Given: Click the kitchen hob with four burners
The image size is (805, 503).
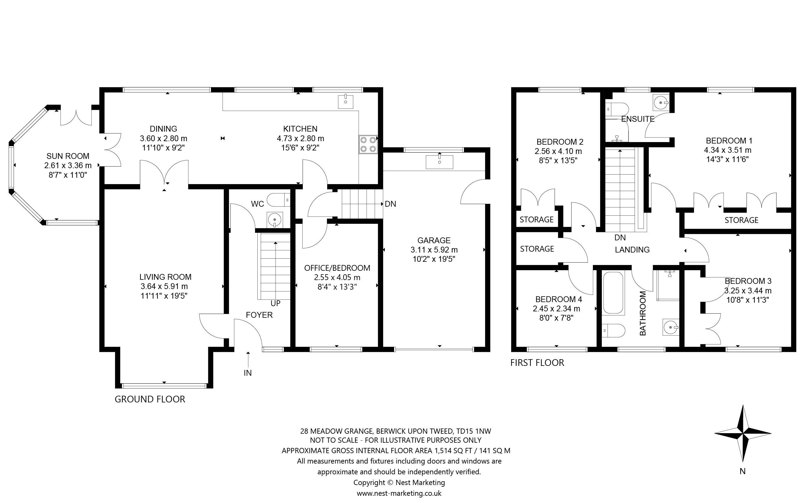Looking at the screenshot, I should (368, 144).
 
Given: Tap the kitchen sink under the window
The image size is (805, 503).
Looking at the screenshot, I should (345, 101).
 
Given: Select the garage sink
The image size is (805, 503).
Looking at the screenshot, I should (439, 162).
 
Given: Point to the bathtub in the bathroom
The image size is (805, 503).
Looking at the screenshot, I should (613, 293).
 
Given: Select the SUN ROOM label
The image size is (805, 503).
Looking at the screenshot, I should (68, 156).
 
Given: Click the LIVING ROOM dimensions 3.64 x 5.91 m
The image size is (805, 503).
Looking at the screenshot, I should (164, 286).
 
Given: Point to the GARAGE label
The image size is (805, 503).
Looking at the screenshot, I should (434, 240).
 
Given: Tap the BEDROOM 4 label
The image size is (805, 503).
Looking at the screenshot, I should (559, 299).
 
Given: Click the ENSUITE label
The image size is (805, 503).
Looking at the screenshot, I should (638, 119).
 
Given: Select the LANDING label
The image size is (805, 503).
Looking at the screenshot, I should (632, 250).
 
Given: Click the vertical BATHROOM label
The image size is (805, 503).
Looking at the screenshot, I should (643, 313).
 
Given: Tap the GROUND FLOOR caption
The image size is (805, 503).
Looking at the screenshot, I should (150, 399).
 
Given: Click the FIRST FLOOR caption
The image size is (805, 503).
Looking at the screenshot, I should (537, 363).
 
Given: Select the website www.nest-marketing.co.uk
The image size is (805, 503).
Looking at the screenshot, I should (399, 493).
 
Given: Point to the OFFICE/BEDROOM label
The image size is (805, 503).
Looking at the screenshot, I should (337, 268).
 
